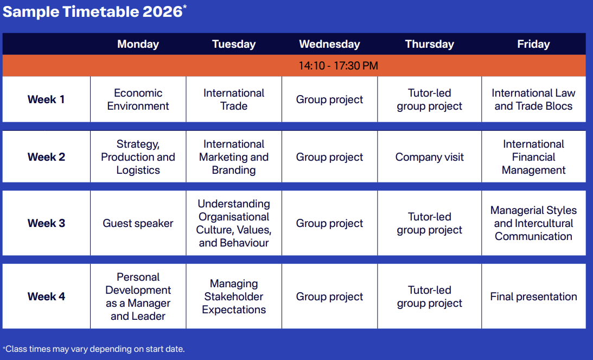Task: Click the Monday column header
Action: click(138, 44)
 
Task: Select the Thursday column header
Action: click(429, 44)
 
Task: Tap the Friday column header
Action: click(533, 44)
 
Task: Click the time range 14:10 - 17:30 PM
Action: click(338, 66)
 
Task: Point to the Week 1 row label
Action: click(46, 99)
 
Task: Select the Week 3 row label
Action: click(46, 223)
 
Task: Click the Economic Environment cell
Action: click(138, 99)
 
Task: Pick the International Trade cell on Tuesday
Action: click(234, 99)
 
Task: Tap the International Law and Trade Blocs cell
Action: click(533, 99)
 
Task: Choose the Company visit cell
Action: click(429, 157)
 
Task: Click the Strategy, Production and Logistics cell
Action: click(138, 157)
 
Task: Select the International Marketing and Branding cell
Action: click(234, 157)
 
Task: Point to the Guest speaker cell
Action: click(138, 223)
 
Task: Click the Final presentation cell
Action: click(533, 296)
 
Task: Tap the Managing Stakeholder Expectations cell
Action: click(234, 296)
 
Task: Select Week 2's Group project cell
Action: click(329, 157)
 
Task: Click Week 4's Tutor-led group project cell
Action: click(429, 296)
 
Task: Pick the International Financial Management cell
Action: click(533, 157)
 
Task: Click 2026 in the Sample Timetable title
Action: click(162, 11)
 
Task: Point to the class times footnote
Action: click(94, 349)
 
